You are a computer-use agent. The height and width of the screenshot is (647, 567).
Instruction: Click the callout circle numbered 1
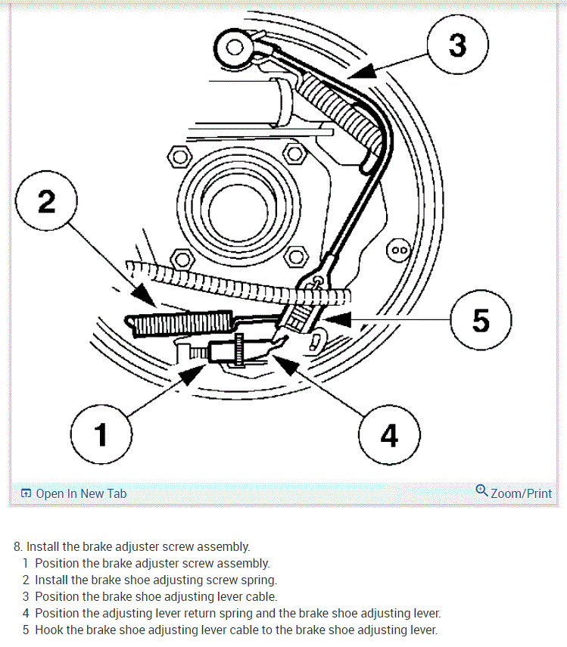pyautogui.click(x=101, y=435)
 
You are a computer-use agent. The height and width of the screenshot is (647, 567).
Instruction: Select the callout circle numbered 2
pyautogui.click(x=47, y=203)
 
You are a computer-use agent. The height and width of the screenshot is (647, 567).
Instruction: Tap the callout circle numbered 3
pyautogui.click(x=456, y=46)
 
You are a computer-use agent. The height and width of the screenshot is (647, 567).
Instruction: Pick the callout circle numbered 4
pyautogui.click(x=388, y=435)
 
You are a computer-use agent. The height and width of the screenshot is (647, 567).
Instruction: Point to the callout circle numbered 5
pyautogui.click(x=481, y=321)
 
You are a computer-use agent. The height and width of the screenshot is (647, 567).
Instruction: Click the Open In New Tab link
pyautogui.click(x=80, y=493)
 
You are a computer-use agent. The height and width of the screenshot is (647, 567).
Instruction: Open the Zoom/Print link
pyautogui.click(x=521, y=493)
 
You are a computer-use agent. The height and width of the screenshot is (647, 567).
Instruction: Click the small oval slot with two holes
pyautogui.click(x=399, y=248)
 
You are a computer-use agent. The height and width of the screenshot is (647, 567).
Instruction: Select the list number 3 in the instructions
pyautogui.click(x=26, y=596)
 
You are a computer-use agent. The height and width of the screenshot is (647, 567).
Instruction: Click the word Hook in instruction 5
pyautogui.click(x=49, y=630)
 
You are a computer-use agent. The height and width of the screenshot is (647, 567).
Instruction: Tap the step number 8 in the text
pyautogui.click(x=17, y=546)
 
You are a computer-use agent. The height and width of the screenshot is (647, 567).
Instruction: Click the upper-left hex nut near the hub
pyautogui.click(x=179, y=157)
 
